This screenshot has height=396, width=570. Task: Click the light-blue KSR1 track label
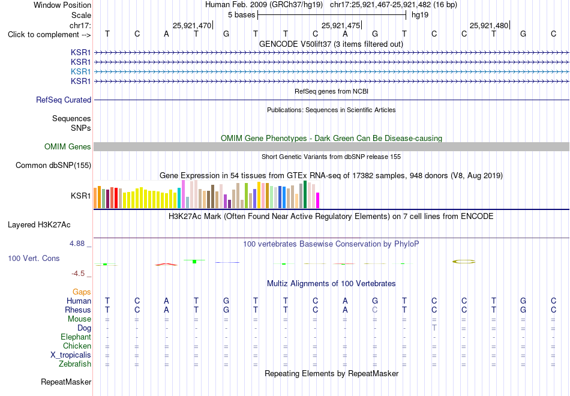tap(81, 71)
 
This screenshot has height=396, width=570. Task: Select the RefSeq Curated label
tap(64, 100)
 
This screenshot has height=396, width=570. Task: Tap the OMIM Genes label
tap(68, 146)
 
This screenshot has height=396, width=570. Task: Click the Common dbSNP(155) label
tap(53, 166)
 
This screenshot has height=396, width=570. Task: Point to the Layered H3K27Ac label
tap(39, 225)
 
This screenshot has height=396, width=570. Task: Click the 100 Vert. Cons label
tap(34, 258)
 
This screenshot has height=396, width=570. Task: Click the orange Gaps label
tap(82, 292)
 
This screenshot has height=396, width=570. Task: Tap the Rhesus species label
tap(78, 310)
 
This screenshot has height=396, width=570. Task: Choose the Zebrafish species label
tap(75, 364)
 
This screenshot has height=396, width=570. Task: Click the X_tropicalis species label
tap(71, 355)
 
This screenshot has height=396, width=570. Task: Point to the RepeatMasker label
tap(66, 382)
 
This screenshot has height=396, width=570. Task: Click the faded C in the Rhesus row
tap(375, 310)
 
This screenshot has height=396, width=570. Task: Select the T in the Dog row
tap(434, 328)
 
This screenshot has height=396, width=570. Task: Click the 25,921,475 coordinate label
tap(341, 25)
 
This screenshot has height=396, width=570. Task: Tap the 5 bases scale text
tap(241, 15)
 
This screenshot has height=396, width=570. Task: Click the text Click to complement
tap(43, 35)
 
